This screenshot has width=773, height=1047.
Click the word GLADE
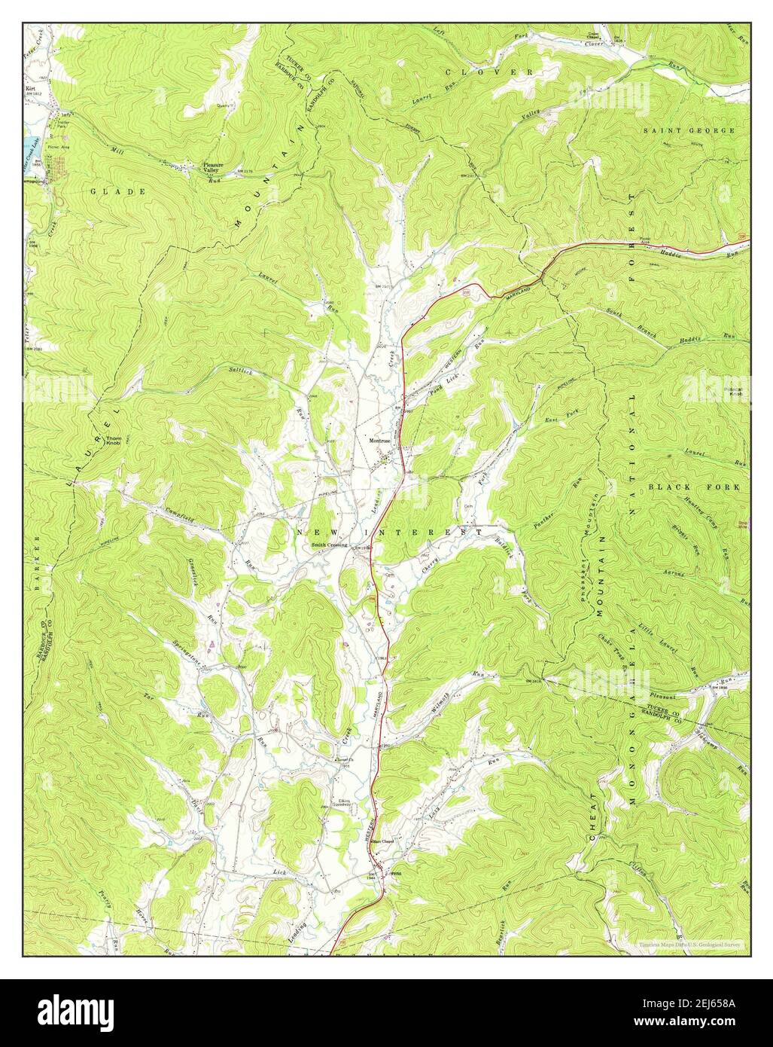point(118,192)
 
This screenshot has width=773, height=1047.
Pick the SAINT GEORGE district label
point(688,130)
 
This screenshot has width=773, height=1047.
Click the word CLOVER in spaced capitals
point(493,72)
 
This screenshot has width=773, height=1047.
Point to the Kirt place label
point(31,88)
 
